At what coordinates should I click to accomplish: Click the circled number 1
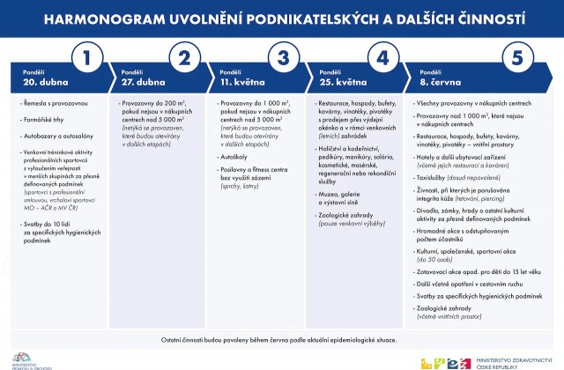(86, 59)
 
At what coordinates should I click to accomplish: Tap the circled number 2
(185, 59)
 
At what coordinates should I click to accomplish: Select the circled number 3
(283, 59)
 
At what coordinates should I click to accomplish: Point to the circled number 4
(382, 59)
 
